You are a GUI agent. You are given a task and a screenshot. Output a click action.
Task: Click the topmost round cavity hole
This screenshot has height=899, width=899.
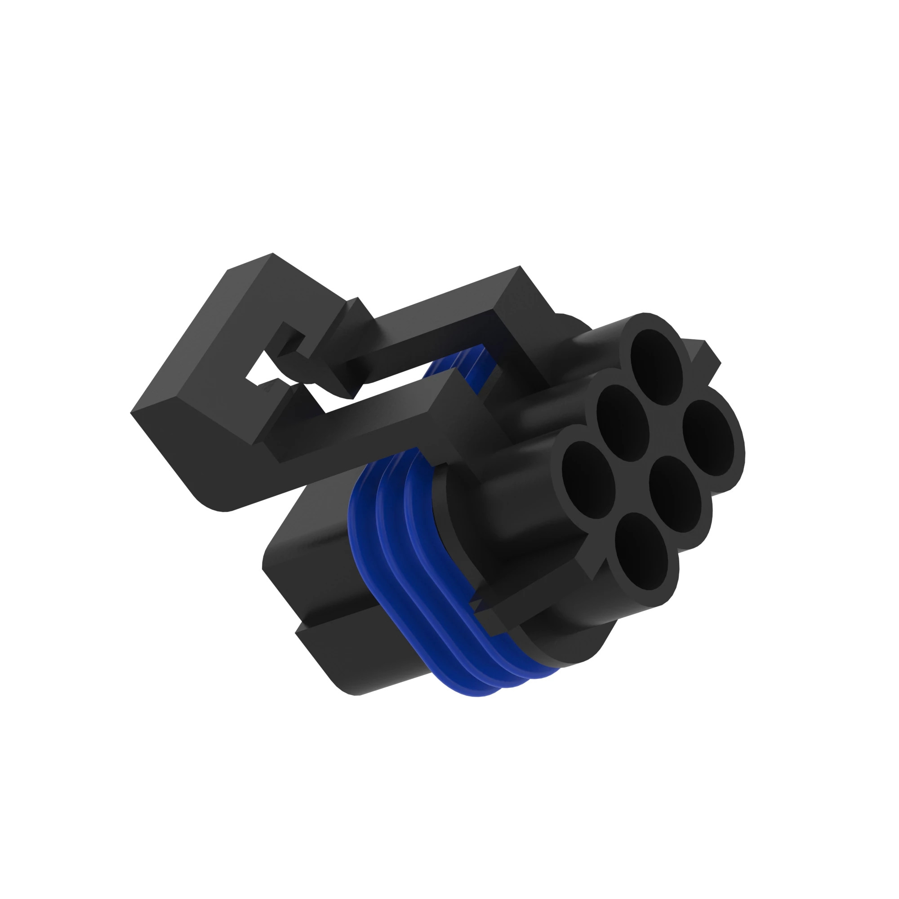[x=656, y=367]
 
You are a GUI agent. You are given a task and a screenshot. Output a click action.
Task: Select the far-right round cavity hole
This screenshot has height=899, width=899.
[x=708, y=438]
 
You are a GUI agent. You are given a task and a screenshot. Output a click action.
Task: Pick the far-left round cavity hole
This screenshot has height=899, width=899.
[x=588, y=480]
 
